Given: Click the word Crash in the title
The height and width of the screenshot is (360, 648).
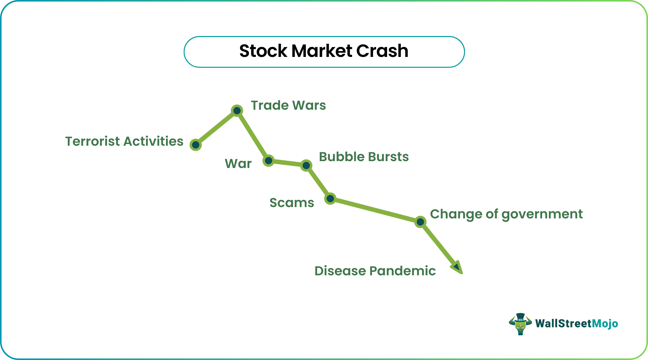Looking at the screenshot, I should [x=382, y=51].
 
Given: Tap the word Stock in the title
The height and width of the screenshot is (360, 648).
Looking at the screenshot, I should [x=263, y=51].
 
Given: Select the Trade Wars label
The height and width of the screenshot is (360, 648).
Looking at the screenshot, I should [x=288, y=105].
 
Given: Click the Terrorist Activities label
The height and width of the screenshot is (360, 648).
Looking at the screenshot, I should [x=124, y=141].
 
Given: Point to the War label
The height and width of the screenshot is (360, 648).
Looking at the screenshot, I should [x=238, y=164].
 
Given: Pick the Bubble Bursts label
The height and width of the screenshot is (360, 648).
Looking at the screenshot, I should [x=364, y=157].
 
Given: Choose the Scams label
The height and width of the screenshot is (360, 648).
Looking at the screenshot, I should [x=292, y=203].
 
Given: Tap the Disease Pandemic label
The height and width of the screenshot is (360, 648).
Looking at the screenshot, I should [x=375, y=271].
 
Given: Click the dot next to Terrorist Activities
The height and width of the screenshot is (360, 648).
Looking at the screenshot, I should [x=196, y=145].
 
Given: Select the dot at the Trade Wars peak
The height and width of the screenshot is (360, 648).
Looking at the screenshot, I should [x=237, y=111].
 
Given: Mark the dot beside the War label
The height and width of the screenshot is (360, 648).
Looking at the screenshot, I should [x=268, y=160].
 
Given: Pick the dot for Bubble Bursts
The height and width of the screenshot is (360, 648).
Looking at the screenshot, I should [x=306, y=166].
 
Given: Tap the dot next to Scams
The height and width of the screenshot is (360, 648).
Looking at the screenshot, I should [x=330, y=199].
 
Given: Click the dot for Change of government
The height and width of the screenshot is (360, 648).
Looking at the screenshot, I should [x=420, y=222].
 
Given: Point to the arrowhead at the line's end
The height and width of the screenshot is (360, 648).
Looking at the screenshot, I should [x=457, y=267].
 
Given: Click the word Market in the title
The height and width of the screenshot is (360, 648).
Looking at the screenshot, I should [x=322, y=51].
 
